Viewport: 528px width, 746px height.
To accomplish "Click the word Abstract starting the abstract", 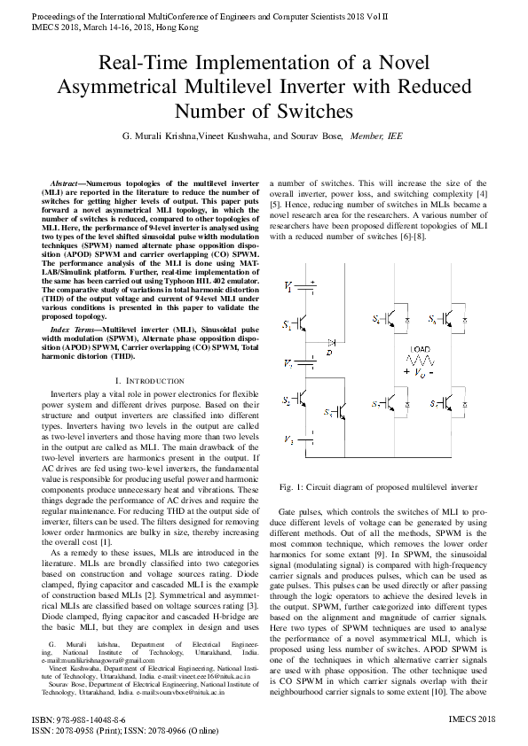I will click(67, 182).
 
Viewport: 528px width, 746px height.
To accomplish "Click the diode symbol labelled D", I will click(330, 341).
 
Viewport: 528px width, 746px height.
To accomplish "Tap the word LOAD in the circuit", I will click(420, 349).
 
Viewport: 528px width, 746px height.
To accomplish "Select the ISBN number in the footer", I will click(78, 721).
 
